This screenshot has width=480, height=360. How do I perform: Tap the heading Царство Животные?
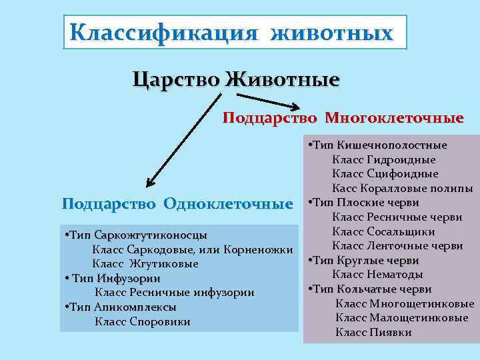click(236, 80)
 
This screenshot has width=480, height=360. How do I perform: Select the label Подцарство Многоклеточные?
click(343, 118)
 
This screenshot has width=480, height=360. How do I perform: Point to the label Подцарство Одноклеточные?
click(177, 203)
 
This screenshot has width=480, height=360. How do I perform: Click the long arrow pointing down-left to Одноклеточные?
click(183, 140)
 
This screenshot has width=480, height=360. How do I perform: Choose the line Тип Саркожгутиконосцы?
click(136, 235)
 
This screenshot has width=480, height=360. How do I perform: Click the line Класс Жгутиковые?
click(145, 264)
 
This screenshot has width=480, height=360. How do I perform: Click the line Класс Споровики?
click(143, 322)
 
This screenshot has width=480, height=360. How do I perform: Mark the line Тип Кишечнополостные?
click(377, 145)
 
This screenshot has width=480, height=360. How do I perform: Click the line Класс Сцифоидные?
click(385, 173)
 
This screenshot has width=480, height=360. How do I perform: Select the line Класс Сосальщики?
click(383, 231)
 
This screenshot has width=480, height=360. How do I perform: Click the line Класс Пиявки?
click(373, 332)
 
